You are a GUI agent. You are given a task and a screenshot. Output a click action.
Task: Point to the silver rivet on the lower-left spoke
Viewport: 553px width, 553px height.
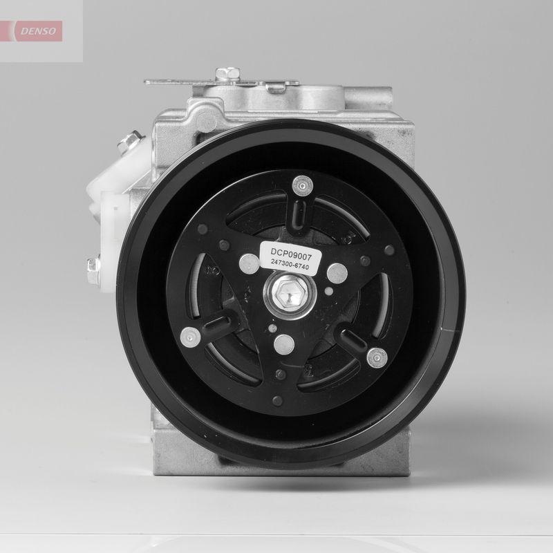pyautogui.click(x=189, y=339)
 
